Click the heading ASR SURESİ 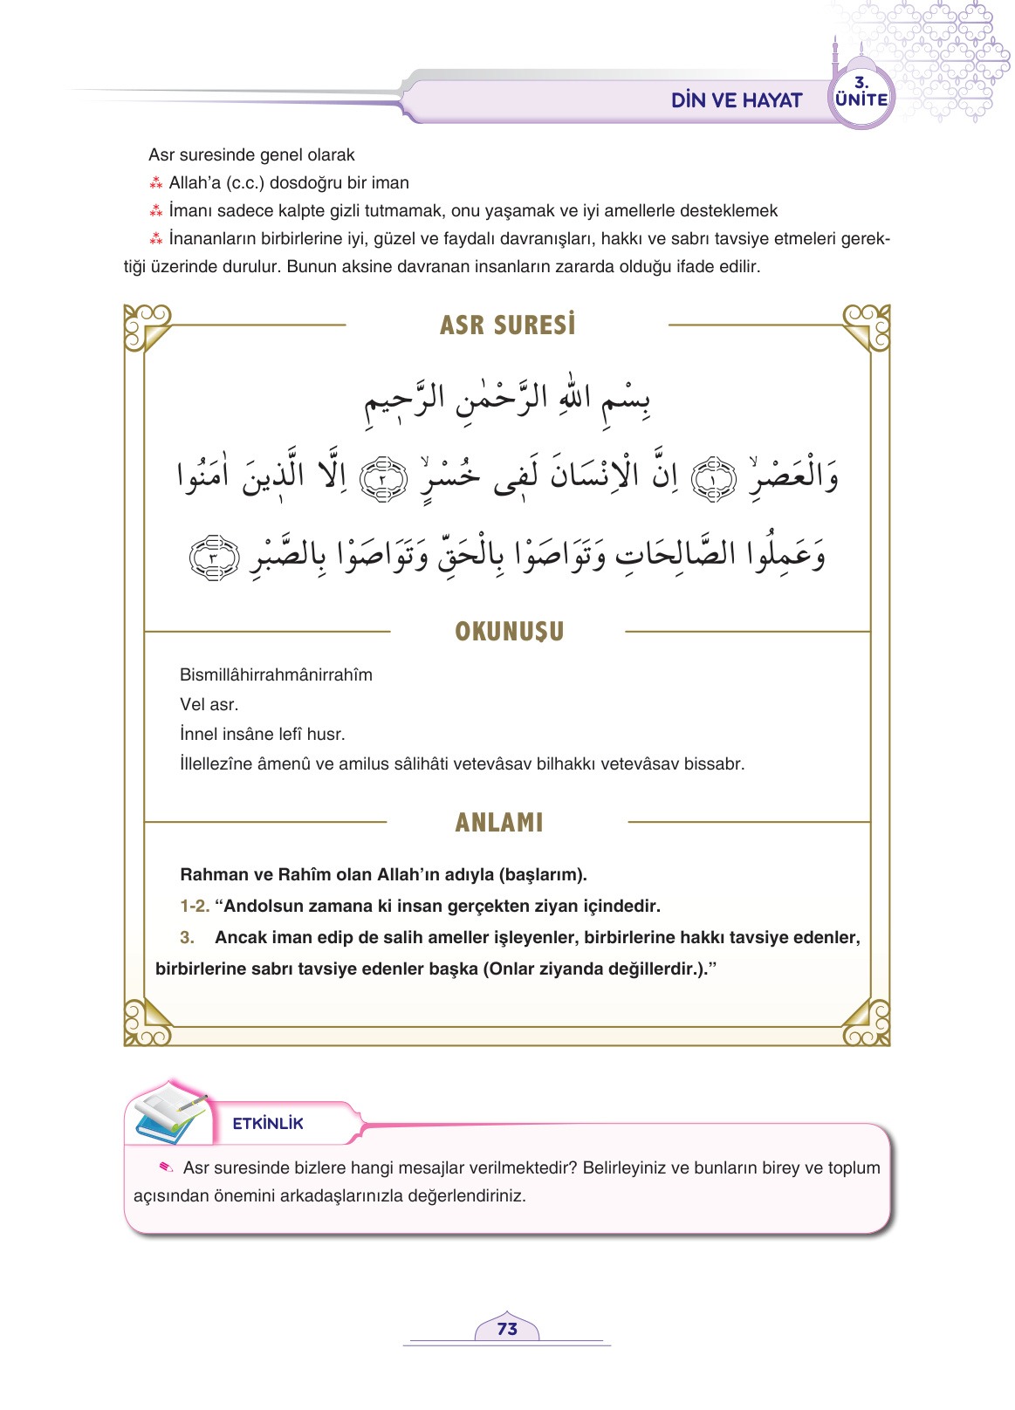tap(507, 325)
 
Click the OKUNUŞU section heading tap(509, 632)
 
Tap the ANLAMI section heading tap(499, 822)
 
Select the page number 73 tap(507, 1329)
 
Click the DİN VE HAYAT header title tap(736, 100)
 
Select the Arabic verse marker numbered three tap(214, 558)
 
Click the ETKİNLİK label tap(268, 1124)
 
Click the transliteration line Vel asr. tap(209, 704)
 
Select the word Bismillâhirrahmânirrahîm tap(276, 674)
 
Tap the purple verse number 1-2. tap(195, 906)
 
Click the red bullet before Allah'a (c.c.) tap(156, 183)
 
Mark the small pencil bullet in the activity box tap(166, 1167)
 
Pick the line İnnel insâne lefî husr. tap(262, 734)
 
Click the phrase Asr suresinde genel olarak tap(251, 154)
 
